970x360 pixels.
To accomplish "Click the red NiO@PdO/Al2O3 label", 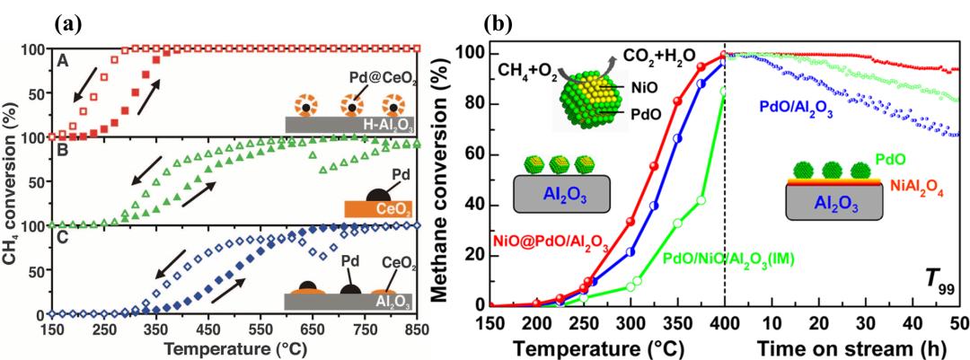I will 544,241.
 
